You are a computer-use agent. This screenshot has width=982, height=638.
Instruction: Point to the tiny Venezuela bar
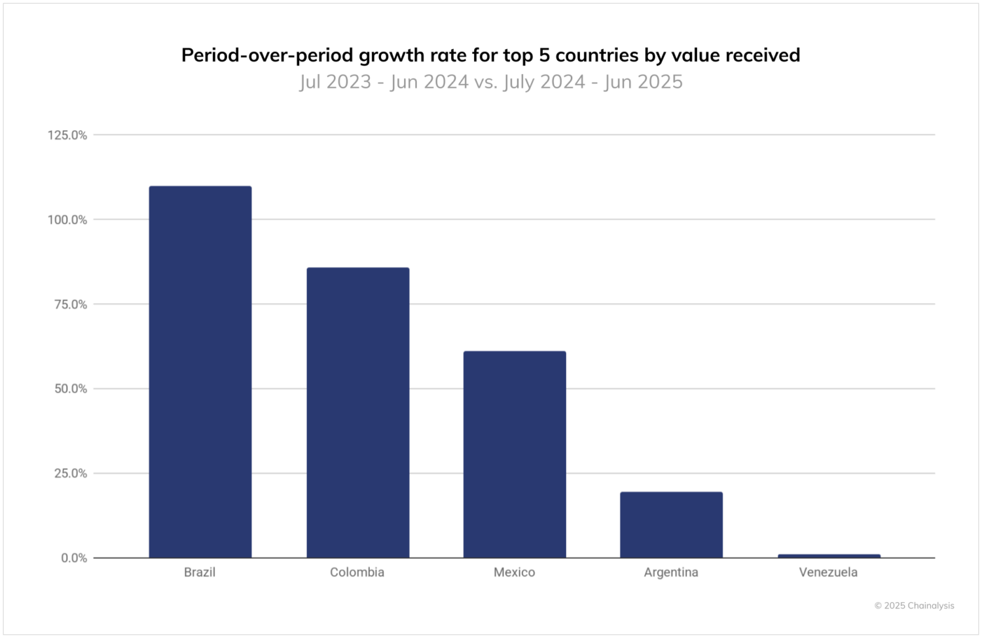[x=829, y=556]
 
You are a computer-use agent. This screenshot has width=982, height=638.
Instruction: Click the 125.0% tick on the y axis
[x=67, y=135]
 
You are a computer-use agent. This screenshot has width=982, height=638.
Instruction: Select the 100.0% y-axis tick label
[x=67, y=220]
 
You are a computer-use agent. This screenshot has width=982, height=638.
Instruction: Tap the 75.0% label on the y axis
[x=70, y=304]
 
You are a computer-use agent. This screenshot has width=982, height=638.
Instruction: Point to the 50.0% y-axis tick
[x=70, y=389]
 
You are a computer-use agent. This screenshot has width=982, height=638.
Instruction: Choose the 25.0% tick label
[x=70, y=473]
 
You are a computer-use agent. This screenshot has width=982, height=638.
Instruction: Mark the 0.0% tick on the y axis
[x=73, y=558]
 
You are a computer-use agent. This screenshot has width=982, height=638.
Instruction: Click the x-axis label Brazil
[x=200, y=573]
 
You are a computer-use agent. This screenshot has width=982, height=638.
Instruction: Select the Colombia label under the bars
[x=357, y=573]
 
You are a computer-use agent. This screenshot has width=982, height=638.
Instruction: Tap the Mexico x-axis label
[x=515, y=573]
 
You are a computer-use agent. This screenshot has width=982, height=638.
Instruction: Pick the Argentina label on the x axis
[x=671, y=573]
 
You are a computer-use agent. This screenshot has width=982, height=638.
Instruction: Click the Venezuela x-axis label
[x=828, y=573]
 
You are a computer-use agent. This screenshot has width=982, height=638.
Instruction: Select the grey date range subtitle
[x=491, y=82]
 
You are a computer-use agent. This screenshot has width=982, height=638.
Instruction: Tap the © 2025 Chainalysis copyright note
[x=914, y=606]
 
